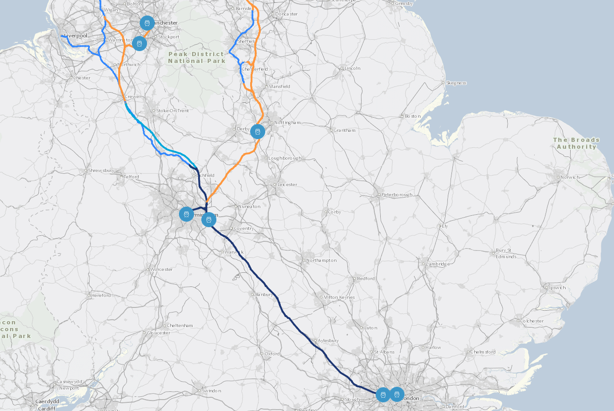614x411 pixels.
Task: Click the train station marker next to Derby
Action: coord(257,132)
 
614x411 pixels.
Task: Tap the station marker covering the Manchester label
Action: coord(147,23)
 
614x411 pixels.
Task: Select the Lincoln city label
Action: coord(352,68)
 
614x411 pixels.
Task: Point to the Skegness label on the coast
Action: coord(456,83)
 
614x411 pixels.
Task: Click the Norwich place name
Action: coord(570,177)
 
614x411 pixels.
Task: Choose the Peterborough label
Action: coord(397,195)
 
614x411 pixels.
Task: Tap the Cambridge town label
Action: coord(438,264)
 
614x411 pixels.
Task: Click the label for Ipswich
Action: coord(557,288)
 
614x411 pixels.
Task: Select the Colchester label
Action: coord(532,321)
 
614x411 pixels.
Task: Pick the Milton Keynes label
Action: coord(339,297)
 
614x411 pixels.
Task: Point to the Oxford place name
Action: coord(272,354)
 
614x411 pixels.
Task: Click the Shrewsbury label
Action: coord(101,171)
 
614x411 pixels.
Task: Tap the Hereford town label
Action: coord(101,296)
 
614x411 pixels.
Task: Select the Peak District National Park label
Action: coord(197,57)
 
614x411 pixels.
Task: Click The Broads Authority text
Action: coord(576,143)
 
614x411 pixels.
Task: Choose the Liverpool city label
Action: coord(76,36)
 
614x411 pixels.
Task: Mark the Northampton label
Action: coord(321,260)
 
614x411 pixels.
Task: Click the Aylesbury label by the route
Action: coord(328,341)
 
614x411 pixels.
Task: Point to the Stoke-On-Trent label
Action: coord(173,111)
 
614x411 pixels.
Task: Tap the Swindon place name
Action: coord(211,391)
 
